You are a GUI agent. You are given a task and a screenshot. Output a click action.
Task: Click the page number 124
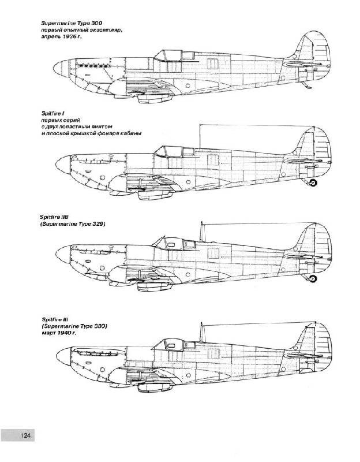click(25, 435)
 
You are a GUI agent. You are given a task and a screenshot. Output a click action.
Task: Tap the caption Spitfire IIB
click(55, 217)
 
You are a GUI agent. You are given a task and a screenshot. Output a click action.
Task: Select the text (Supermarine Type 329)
click(73, 224)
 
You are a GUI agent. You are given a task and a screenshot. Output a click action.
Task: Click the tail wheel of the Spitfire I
click(313, 183)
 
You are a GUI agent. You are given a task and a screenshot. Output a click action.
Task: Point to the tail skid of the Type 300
click(306, 85)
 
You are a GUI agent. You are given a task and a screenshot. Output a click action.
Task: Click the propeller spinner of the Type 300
click(61, 68)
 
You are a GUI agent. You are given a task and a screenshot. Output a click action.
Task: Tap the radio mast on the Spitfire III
click(202, 332)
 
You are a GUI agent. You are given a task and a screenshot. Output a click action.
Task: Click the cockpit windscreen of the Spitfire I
click(160, 151)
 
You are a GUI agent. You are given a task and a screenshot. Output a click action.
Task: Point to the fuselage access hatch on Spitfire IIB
click(213, 253)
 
